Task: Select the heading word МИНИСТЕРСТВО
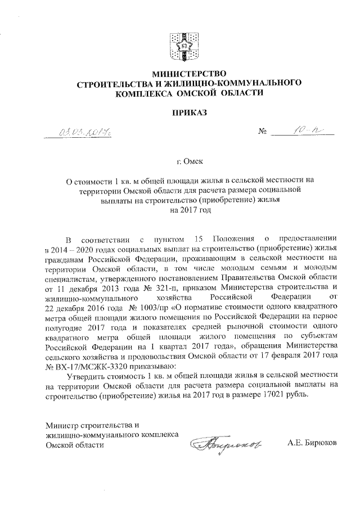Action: coord(179,74)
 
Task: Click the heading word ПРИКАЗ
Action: coord(180,113)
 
